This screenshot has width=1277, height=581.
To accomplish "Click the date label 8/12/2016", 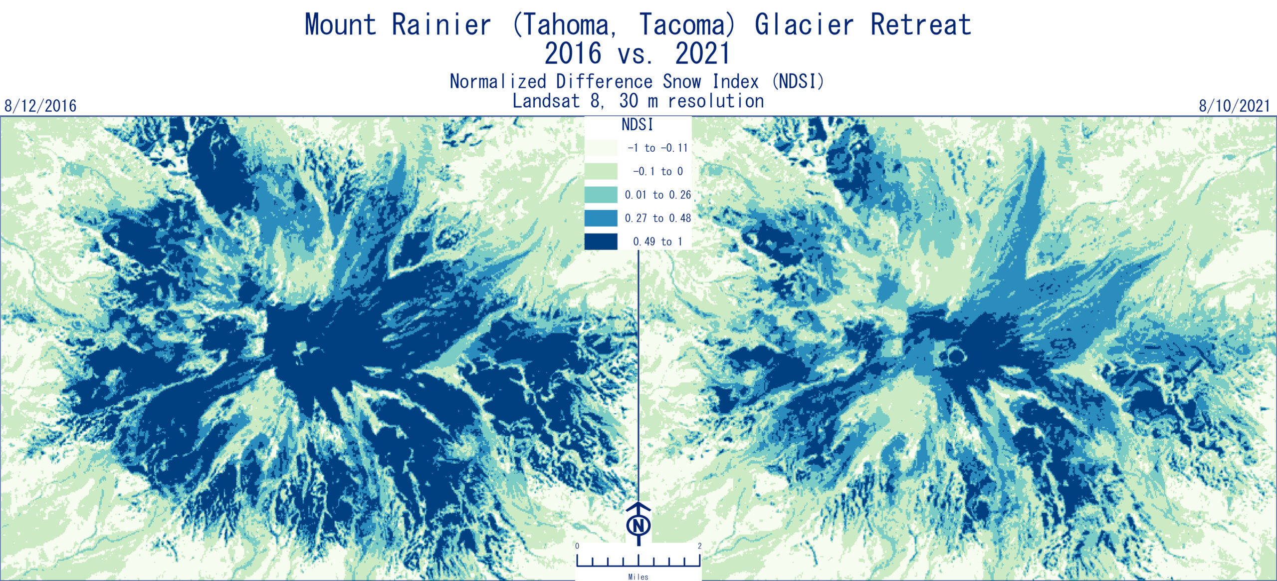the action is point(40,106).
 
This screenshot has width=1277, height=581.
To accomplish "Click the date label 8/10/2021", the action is point(1235,106).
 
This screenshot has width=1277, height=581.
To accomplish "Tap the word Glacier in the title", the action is point(804,25).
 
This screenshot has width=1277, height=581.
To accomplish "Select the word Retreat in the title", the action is point(921,25).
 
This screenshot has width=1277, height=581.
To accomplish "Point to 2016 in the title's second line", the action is point(573,53).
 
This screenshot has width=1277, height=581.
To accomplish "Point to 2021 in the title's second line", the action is point(703,53).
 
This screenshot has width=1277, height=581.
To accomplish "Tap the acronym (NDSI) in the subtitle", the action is point(798,81).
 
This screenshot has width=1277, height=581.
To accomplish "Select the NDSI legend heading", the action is point(637,124).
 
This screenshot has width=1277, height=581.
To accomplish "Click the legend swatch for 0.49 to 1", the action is point(601,242).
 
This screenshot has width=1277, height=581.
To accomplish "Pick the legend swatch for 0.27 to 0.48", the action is point(601,218).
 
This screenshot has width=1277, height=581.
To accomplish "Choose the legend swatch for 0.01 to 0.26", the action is point(601,195).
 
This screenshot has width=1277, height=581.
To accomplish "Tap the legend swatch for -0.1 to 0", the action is point(601,171).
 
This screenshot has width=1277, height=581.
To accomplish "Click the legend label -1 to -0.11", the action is point(657,148).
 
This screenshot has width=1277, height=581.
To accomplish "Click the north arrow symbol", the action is point(638,524).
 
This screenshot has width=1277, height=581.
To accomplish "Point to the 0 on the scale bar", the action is point(577,546).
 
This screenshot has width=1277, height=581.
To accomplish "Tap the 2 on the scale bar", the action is point(700,546).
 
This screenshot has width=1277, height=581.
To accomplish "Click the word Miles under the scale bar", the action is point(638,577).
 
